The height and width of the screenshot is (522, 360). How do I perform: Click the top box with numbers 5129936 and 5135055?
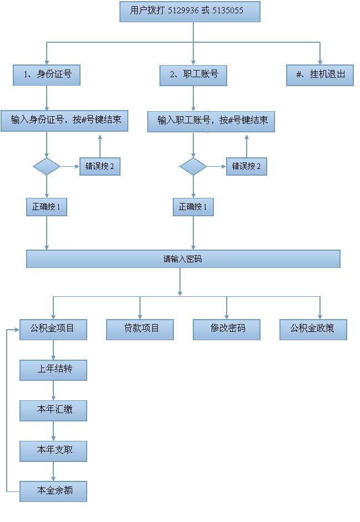tap(189, 12)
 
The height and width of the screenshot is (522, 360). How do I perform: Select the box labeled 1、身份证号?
tap(47, 75)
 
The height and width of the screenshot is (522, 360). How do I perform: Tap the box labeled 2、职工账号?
tap(193, 75)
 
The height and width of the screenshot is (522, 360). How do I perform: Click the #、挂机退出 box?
tap(320, 75)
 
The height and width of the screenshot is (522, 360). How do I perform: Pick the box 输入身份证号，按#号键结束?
tap(64, 121)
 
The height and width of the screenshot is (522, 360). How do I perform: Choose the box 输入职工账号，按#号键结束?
tap(211, 122)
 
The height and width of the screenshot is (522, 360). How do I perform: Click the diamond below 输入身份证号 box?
tap(47, 166)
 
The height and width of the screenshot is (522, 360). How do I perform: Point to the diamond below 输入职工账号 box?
tap(193, 166)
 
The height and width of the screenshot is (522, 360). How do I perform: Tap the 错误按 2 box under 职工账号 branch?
tap(247, 166)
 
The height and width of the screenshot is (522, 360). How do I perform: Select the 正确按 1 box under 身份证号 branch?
tap(47, 207)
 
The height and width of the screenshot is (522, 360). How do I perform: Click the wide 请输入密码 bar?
tap(183, 258)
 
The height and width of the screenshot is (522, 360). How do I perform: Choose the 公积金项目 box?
tap(53, 330)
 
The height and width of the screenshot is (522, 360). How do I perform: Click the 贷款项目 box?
tap(140, 330)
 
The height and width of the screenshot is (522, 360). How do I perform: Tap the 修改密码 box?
tap(227, 330)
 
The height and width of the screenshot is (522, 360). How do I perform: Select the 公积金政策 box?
tap(313, 330)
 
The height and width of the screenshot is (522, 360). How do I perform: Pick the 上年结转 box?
tap(53, 370)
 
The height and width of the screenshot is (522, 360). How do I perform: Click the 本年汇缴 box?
tap(53, 410)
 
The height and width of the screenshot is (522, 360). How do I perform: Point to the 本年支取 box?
tap(53, 451)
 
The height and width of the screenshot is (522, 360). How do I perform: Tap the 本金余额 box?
tap(53, 491)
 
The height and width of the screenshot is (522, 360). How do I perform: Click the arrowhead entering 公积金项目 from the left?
tap(17, 330)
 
